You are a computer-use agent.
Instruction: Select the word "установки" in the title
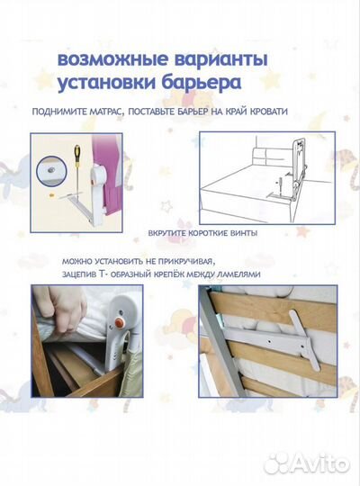(103, 85)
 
